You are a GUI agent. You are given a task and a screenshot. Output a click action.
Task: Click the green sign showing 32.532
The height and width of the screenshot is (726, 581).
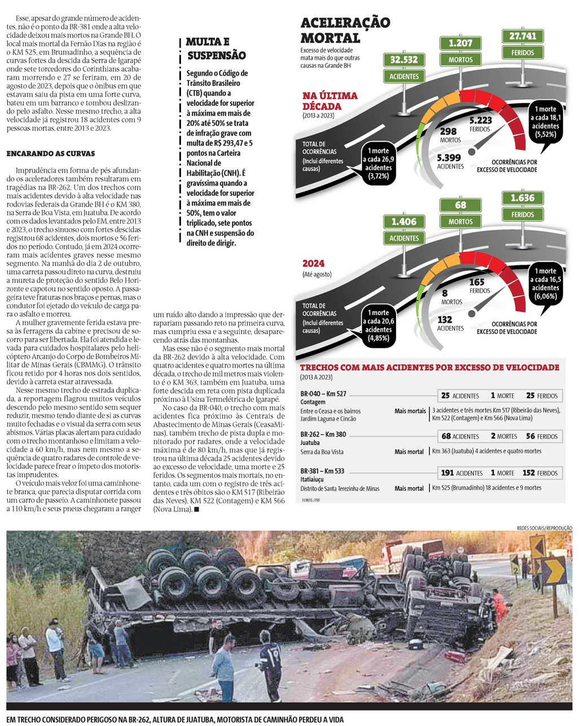[404, 60]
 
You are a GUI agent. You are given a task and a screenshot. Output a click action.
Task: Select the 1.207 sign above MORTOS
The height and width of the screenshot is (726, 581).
[460, 43]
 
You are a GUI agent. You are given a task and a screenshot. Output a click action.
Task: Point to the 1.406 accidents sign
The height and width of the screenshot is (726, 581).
[404, 222]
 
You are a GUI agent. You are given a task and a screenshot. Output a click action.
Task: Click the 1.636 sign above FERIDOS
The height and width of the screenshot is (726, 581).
[522, 198]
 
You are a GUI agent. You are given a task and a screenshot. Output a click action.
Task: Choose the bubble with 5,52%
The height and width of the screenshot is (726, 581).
[545, 122]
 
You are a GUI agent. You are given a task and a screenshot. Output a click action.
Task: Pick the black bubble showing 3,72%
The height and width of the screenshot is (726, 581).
[378, 163]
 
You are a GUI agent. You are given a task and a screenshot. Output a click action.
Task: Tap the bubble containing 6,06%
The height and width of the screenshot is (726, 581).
[545, 283]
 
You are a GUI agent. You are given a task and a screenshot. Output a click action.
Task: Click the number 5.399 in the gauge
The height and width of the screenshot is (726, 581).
[449, 158]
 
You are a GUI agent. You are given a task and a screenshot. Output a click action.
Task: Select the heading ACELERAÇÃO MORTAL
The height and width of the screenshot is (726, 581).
[345, 30]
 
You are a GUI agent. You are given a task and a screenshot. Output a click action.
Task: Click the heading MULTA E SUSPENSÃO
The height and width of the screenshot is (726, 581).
[216, 49]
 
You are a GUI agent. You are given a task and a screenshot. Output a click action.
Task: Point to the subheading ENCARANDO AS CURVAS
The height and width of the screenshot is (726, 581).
[50, 154]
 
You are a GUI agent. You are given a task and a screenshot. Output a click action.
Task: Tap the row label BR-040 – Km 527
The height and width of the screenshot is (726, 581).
[323, 394]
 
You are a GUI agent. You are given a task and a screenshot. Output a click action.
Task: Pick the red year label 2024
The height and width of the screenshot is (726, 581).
[314, 264]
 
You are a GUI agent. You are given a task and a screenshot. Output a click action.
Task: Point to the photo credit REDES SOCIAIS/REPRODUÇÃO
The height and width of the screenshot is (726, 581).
[544, 528]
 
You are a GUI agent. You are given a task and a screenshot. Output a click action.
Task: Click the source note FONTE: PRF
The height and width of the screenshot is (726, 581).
[311, 500]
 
